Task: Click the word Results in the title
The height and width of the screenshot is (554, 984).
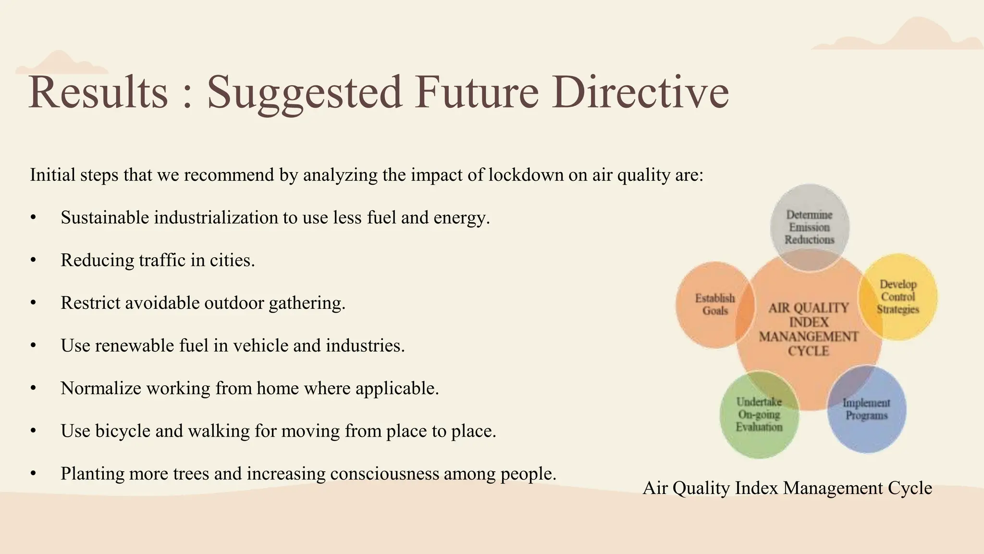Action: tap(98, 92)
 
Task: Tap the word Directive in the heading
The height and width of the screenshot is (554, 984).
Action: tap(640, 92)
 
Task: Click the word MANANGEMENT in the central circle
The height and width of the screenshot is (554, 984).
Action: tap(809, 337)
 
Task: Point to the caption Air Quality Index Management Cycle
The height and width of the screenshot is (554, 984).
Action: tap(787, 488)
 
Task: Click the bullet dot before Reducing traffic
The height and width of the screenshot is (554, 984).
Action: tap(33, 261)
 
